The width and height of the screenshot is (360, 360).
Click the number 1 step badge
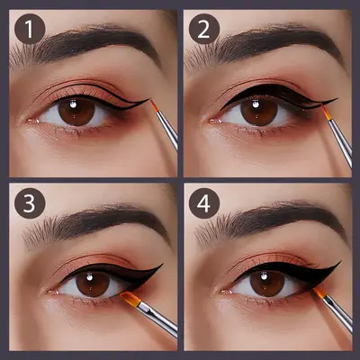[30, 29]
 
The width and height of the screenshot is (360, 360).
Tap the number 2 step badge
[204, 29]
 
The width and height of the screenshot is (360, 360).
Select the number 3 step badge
[30, 203]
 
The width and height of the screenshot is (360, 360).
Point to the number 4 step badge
[204, 203]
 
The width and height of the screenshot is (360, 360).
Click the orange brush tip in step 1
[154, 106]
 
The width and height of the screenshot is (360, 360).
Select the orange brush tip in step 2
[326, 112]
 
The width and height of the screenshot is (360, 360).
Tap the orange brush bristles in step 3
[130, 299]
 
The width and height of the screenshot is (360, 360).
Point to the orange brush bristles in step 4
[319, 292]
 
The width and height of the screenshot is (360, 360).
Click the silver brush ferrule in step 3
[148, 310]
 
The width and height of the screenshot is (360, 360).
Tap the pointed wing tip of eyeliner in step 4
[340, 262]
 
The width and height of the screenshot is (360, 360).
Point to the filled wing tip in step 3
[162, 265]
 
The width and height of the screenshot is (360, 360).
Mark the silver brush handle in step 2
[340, 141]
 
